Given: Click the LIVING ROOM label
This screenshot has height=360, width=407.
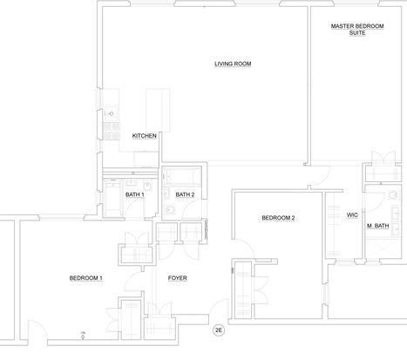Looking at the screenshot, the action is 233,64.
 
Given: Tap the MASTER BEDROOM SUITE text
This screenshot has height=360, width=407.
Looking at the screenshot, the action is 357,30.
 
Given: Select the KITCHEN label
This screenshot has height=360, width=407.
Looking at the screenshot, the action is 144,136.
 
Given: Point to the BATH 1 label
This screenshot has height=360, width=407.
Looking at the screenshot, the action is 135,194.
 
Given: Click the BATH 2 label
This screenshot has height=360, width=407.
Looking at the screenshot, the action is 185,194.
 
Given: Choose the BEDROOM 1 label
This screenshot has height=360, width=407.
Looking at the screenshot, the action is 85,278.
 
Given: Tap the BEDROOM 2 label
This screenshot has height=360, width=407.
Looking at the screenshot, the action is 278,218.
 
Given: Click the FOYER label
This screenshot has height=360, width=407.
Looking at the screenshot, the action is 178,278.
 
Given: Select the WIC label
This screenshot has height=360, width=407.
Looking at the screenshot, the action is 352,215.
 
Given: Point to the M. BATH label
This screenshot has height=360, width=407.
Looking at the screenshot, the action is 378,226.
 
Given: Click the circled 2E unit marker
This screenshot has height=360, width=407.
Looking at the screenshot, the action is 219,330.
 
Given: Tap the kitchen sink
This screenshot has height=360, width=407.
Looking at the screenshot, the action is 111,113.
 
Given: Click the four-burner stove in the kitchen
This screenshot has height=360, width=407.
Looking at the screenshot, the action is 112,131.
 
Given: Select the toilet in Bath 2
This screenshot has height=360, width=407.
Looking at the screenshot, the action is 169,209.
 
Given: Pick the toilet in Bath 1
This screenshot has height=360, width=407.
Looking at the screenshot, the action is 148,185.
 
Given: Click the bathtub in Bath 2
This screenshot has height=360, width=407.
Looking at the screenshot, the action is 182,176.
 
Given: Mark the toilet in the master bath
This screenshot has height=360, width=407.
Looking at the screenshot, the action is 394,195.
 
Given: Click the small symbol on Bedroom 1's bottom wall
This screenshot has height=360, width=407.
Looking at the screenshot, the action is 83,336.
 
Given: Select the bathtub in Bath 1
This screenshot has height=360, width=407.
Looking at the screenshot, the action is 112,198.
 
